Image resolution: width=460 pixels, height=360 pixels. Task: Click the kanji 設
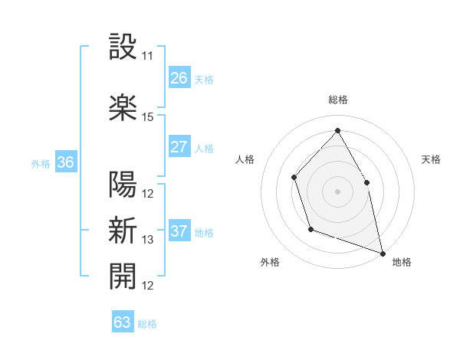[123, 47]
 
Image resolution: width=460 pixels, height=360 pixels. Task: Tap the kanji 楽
[123, 107]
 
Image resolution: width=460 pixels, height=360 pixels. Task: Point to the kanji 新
[123, 230]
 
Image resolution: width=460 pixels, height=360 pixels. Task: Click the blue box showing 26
[179, 78]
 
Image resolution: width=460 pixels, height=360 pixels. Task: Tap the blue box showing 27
[179, 147]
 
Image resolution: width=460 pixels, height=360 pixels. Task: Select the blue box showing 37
[179, 231]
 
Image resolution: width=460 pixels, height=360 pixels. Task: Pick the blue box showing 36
[65, 162]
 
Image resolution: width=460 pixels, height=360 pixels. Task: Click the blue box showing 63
[123, 322]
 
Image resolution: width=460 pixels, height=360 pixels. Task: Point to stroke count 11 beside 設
[148, 57]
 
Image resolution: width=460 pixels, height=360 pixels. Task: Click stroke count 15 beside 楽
[148, 117]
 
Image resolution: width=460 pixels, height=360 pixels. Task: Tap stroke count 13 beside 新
[148, 240]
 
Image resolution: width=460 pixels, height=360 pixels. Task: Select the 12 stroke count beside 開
[148, 286]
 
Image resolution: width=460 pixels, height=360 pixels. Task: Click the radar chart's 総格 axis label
[337, 100]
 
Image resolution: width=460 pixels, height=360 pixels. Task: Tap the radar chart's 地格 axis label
[402, 262]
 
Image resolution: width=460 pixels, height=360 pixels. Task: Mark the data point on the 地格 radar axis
[383, 253]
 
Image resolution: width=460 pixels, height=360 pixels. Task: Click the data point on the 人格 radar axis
[294, 178]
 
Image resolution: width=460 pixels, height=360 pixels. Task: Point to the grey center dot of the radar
[337, 191]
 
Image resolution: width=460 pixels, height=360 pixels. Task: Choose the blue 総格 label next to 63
[147, 324]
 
